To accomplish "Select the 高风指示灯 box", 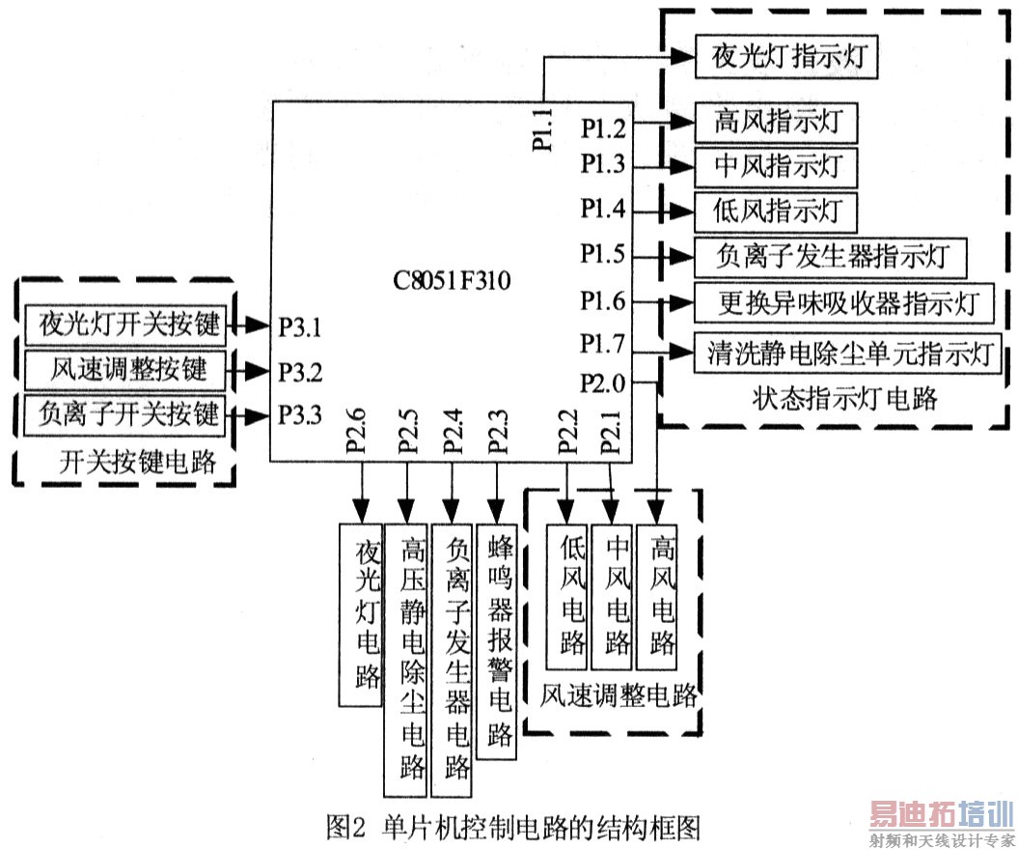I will [x=776, y=123].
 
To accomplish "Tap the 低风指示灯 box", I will [x=776, y=207].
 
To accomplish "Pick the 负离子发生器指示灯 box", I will [x=830, y=257].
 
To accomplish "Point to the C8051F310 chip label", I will [x=452, y=282].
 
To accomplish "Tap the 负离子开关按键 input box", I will [x=124, y=414].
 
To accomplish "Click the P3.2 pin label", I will [x=301, y=370].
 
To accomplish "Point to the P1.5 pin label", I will [x=603, y=255].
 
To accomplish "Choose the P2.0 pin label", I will [x=603, y=383].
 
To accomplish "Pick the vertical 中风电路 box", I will [x=613, y=595].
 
